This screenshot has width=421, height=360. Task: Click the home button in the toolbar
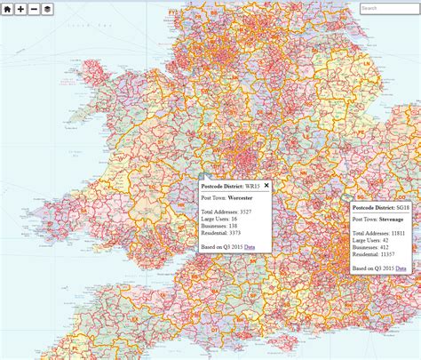pos(7,8)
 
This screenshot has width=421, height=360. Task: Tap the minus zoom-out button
pos(34,8)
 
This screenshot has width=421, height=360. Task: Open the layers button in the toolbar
pos(47,8)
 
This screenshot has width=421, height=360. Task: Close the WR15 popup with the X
pos(266,185)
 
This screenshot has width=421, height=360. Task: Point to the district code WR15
pos(253,187)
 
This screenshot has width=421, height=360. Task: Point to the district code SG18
pos(405,207)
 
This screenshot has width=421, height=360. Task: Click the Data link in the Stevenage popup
pos(401,268)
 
